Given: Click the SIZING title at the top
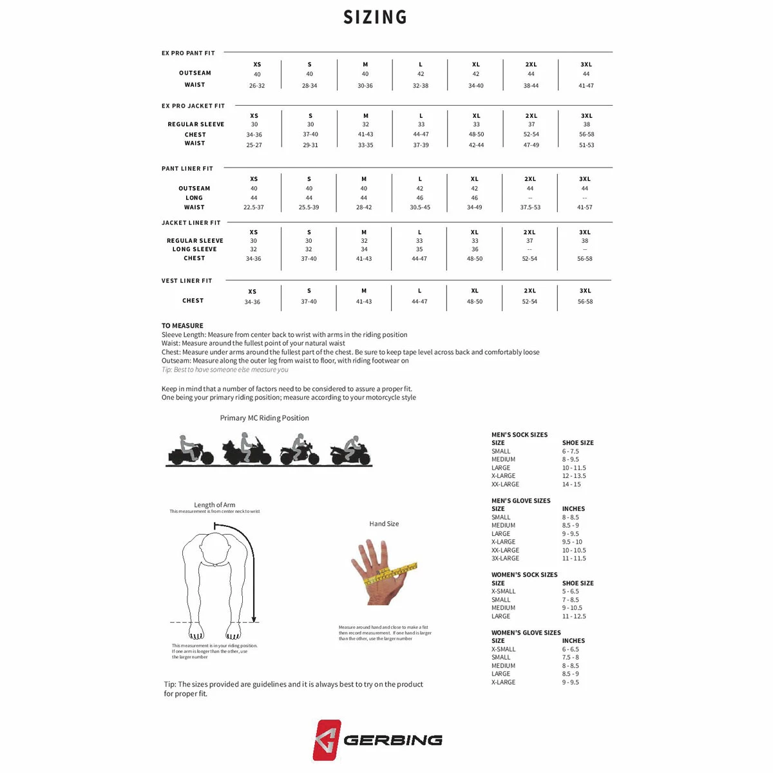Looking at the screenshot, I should pos(375,17).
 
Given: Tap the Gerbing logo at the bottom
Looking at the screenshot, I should pos(377,740).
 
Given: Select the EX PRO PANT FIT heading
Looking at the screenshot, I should pos(188,53).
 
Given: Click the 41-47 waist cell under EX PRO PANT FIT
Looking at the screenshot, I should pos(586,86).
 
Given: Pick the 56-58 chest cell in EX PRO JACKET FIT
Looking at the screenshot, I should pos(586,135).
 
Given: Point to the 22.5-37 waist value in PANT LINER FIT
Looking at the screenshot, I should pos(254,207).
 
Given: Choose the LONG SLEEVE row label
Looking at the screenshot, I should pos(195,249).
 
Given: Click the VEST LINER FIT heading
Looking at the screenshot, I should pos(187,281).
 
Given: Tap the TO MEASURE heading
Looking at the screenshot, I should pos(182,326).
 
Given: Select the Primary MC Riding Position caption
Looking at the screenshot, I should pos(264,418).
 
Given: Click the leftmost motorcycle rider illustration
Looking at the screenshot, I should pos(190,450).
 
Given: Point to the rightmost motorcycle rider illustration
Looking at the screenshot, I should pos(350,450).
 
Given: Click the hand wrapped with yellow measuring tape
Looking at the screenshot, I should pos(381,570).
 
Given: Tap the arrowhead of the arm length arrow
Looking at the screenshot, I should pos(254,618).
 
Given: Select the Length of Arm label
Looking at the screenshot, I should pos(215,505).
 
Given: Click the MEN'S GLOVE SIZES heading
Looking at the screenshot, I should pos(520,501).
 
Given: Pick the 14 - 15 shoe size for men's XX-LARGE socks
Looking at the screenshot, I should pos(571,484).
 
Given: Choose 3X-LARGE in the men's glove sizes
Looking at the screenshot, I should pos(505,558).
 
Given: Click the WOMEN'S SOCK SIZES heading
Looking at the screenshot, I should pos(524,575).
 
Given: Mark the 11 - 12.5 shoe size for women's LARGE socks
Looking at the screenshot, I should pos(574,616).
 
